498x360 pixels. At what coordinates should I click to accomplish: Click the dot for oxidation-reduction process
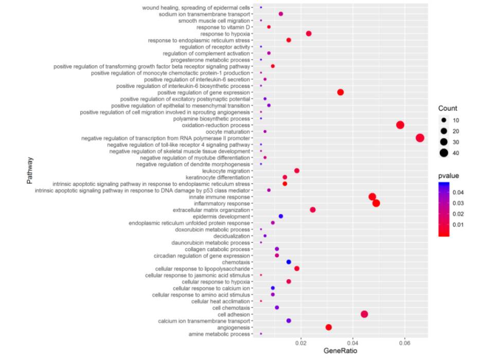(400, 125)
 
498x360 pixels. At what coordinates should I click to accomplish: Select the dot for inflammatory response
(376, 203)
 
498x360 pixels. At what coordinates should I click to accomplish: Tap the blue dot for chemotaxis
(289, 262)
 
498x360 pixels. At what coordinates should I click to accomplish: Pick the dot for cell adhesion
(364, 314)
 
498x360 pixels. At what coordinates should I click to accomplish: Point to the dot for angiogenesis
(329, 327)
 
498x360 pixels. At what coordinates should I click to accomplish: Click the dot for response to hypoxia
(309, 33)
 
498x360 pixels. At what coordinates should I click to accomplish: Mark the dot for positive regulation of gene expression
(340, 92)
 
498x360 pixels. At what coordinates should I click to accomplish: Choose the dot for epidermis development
(281, 217)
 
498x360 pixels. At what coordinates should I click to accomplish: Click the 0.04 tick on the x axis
(353, 341)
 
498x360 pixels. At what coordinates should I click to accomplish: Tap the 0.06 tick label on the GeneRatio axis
(404, 341)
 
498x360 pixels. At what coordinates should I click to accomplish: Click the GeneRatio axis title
(340, 351)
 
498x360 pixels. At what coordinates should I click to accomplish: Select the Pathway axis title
(31, 171)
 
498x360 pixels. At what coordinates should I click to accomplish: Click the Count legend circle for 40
(443, 153)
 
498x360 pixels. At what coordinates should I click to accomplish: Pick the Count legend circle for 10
(443, 120)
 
